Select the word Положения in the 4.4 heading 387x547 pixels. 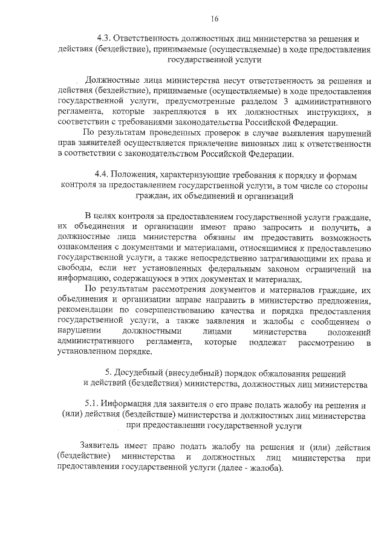point(141,175)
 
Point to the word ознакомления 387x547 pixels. point(81,248)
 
